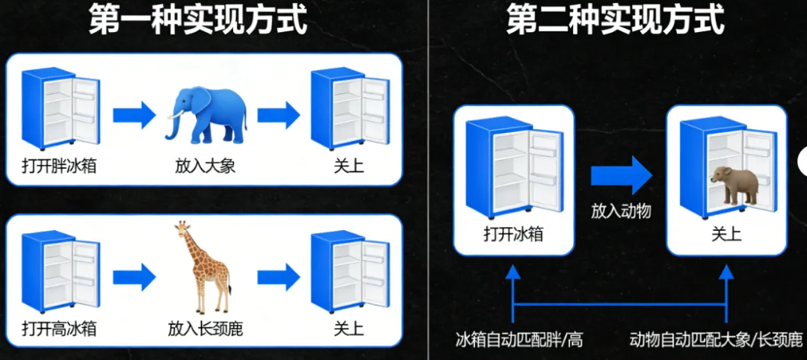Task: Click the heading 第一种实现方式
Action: (x=198, y=20)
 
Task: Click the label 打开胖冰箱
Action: (x=59, y=164)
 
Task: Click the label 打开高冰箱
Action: (x=59, y=328)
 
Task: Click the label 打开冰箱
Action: (x=513, y=234)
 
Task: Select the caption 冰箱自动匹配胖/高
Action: (x=519, y=341)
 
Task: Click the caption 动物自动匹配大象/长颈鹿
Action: (x=716, y=341)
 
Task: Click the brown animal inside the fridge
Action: (x=734, y=184)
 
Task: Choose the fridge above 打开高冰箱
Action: (x=60, y=272)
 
